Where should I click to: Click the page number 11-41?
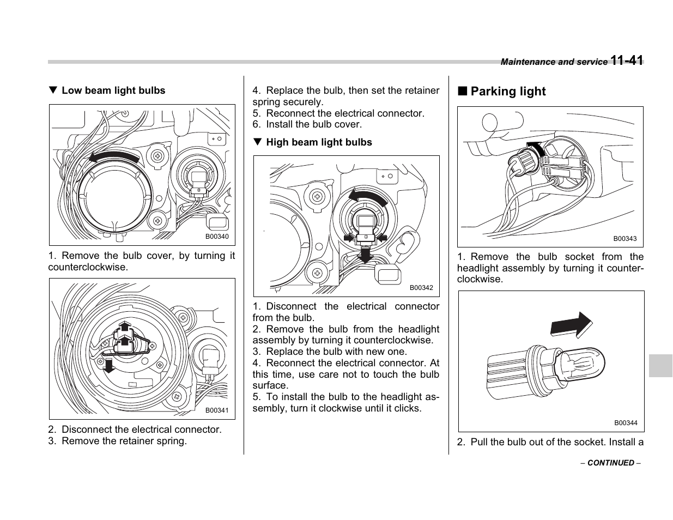(627, 61)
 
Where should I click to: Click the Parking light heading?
(507, 92)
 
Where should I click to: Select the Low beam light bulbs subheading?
(113, 90)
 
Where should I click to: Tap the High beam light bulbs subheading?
(319, 142)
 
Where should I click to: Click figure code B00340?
(217, 237)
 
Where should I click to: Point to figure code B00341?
(217, 410)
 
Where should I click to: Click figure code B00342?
(421, 288)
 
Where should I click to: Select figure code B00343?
(625, 239)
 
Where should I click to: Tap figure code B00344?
(626, 423)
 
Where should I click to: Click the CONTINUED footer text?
(610, 463)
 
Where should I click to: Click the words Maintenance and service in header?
(554, 62)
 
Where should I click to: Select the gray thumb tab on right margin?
(660, 365)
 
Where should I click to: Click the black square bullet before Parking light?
(462, 91)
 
